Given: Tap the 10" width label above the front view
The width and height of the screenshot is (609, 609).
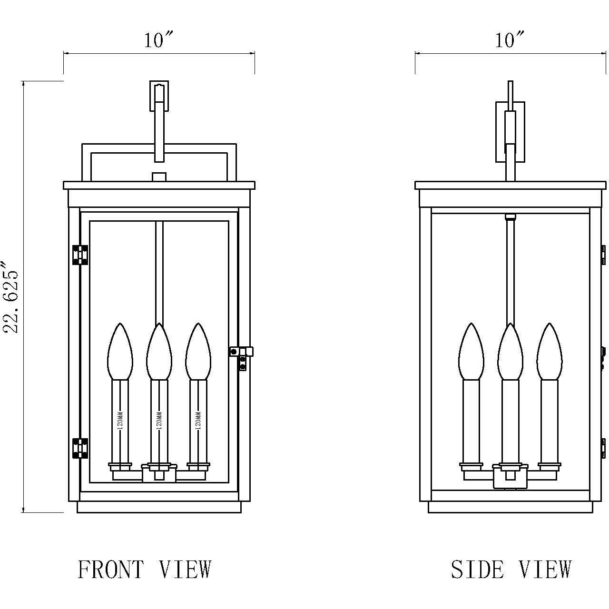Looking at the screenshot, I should (x=158, y=40).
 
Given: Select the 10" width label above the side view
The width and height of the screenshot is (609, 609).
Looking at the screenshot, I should (x=510, y=40).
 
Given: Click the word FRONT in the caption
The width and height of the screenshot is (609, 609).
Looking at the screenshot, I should (x=110, y=570).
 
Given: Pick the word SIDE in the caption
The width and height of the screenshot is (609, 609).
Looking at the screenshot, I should (x=477, y=570).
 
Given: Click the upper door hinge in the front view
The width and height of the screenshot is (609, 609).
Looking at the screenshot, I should (x=80, y=255).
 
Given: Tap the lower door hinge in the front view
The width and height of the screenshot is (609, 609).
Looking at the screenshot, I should (x=80, y=448).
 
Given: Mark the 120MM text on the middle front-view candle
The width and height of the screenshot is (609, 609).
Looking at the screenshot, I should (x=159, y=421).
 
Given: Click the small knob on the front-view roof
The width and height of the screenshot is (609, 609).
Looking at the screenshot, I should (x=159, y=177).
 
